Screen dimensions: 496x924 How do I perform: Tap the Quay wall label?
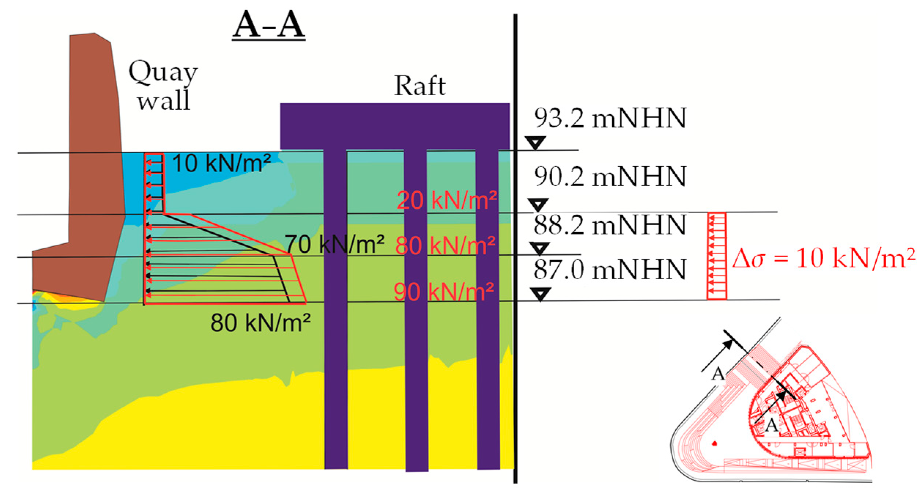pos(163,87)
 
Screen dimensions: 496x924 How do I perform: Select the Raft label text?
pos(420,86)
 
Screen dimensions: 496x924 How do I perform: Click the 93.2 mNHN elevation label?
pos(610,119)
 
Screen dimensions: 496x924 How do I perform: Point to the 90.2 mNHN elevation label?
pos(610,177)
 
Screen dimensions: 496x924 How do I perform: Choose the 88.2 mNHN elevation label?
pos(610,225)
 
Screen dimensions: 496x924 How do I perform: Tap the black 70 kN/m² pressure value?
pos(334,244)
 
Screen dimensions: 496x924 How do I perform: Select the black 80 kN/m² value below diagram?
pos(260,323)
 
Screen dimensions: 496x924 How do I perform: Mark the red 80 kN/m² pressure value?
pos(446,245)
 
